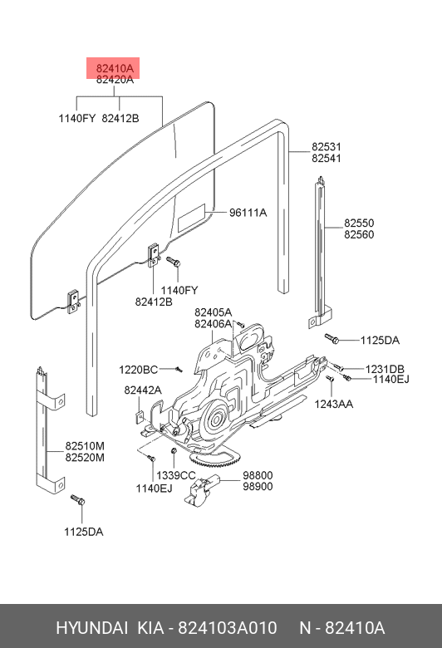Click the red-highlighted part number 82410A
pos(115,68)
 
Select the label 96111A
pos(248,213)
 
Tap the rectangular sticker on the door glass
pos(191,218)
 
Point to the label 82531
pos(327,147)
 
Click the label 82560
pos(359,235)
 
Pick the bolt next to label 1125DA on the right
pos(332,339)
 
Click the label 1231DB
pos(385,369)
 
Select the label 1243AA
pos(334,405)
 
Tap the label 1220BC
pos(139,370)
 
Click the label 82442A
pos(143,390)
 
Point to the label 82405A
pos(213,312)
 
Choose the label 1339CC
pos(176,476)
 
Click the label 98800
pos(258,475)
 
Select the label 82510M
pos(85,446)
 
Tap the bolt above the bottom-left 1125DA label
pos(78,500)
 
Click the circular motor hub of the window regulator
pos(216,420)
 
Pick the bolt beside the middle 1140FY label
pos(174,262)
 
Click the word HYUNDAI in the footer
pos(91,628)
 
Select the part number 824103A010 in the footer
pos(227,628)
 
